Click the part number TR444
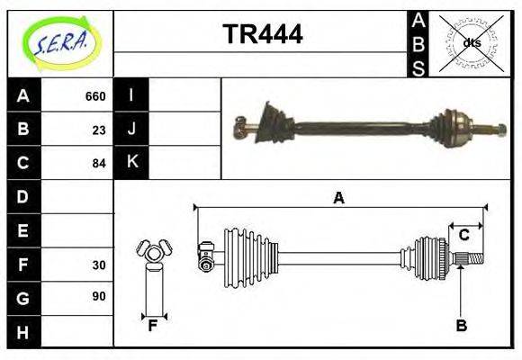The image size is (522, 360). pos(262,35)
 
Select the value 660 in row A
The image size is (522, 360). pos(94,96)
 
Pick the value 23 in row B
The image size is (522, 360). pos(99,130)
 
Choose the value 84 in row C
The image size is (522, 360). pos(99,164)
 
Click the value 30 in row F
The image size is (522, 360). pos(99,265)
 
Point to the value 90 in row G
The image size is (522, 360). pos(99,296)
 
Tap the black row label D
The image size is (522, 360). pos(23,196)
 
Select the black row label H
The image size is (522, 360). pos(23,332)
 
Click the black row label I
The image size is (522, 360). pos(131,95)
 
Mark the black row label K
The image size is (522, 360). pos(131,163)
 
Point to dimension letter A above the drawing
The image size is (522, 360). pos(339,198)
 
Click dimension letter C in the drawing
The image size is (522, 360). pos(463,235)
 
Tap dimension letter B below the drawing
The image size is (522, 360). pos(461,326)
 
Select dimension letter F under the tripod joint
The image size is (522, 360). pos(154,326)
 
